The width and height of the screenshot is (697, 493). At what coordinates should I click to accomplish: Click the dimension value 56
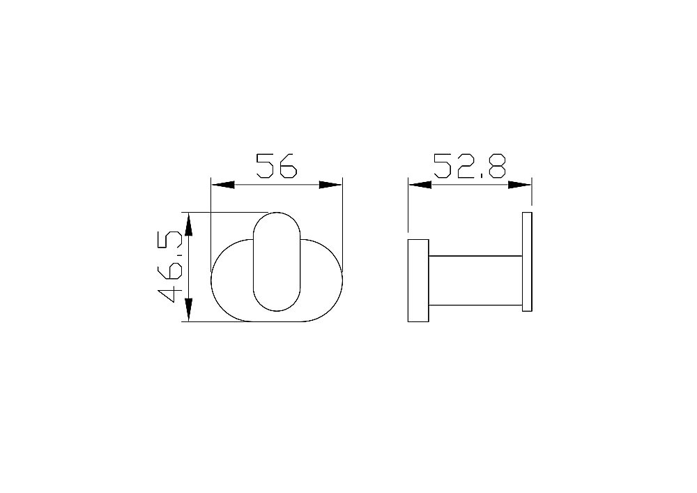pyautogui.click(x=277, y=166)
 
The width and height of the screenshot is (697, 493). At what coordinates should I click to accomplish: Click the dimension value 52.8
pyautogui.click(x=470, y=166)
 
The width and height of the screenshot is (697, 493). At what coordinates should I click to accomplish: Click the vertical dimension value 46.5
pyautogui.click(x=171, y=266)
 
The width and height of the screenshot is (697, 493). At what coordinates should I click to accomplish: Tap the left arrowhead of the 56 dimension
pyautogui.click(x=222, y=185)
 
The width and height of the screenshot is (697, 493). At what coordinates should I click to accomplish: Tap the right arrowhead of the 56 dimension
pyautogui.click(x=331, y=185)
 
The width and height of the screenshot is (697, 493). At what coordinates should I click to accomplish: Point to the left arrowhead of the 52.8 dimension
pyautogui.click(x=419, y=185)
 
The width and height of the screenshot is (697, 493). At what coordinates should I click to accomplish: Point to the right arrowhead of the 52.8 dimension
pyautogui.click(x=520, y=185)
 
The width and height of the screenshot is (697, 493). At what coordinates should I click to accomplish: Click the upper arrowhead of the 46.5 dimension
pyautogui.click(x=188, y=223)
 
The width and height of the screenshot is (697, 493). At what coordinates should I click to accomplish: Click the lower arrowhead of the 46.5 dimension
pyautogui.click(x=188, y=310)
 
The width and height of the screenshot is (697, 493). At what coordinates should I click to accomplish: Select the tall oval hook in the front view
pyautogui.click(x=277, y=261)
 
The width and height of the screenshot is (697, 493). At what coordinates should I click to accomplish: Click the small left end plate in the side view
pyautogui.click(x=418, y=280)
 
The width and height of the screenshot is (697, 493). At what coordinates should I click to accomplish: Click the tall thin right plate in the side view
pyautogui.click(x=527, y=261)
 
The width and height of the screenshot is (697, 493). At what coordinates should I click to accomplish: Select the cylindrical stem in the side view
pyautogui.click(x=475, y=280)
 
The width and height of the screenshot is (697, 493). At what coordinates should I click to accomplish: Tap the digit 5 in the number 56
pyautogui.click(x=266, y=166)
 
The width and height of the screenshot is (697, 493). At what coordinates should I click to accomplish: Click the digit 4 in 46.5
pyautogui.click(x=171, y=293)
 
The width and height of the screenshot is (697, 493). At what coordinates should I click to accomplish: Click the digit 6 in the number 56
pyautogui.click(x=288, y=166)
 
